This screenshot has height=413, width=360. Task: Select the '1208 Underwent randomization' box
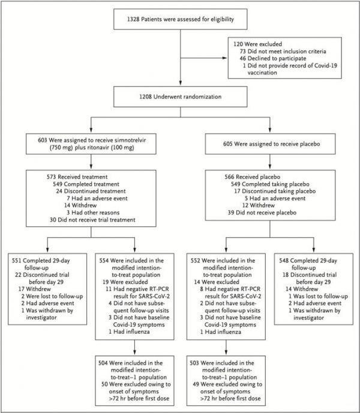(x=181, y=97)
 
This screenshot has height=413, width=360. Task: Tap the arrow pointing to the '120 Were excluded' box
(x=203, y=58)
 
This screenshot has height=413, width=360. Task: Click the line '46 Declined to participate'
(x=273, y=58)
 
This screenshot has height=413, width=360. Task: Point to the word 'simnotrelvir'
(x=129, y=140)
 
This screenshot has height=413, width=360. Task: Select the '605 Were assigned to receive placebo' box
(x=270, y=144)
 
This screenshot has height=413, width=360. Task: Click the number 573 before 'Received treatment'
(x=52, y=176)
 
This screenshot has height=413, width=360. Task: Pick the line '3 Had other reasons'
(x=93, y=213)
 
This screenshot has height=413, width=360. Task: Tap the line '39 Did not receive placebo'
(x=262, y=213)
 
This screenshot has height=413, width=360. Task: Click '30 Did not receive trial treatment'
(x=92, y=220)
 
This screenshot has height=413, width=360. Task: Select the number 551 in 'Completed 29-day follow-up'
(x=16, y=261)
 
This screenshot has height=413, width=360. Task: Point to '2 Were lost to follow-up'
(x=52, y=296)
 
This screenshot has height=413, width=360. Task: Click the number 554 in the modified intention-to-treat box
(x=104, y=261)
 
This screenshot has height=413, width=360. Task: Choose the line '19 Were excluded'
(x=125, y=282)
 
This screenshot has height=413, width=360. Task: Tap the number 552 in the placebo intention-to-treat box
(x=195, y=261)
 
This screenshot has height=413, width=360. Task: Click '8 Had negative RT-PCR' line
(x=230, y=289)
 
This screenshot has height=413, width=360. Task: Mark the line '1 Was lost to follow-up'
(x=318, y=296)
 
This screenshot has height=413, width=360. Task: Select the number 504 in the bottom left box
(x=103, y=363)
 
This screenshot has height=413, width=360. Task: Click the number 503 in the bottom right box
(x=194, y=363)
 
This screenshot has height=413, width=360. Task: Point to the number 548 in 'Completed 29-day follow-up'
(x=284, y=261)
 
